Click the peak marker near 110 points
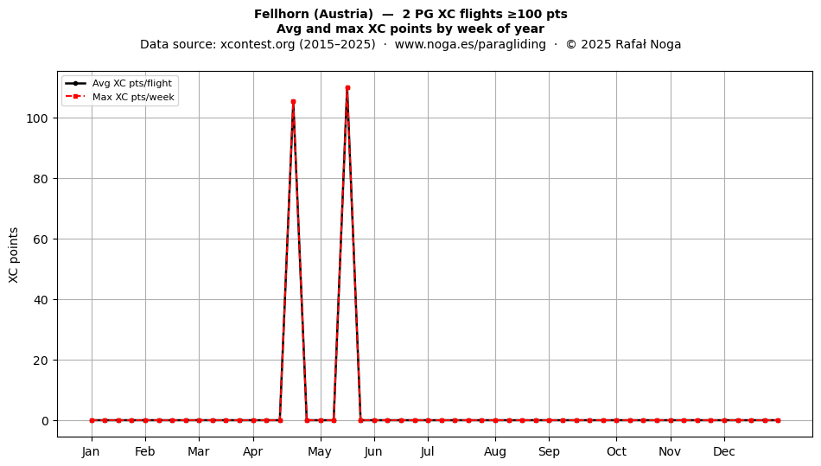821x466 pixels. coord(347,88)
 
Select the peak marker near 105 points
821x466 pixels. coord(293,101)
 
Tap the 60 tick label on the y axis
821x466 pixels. coord(41,239)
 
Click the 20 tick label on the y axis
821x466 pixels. coord(41,361)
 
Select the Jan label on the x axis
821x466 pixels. coord(91,452)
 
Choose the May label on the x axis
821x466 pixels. coord(320,452)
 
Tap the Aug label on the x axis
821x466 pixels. coord(495,452)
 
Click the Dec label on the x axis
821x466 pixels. coord(725,452)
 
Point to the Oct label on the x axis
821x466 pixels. coord(617,452)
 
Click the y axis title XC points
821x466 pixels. coord(14,255)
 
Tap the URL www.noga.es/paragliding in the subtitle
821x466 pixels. coord(470,44)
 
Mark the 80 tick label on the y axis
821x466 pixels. coord(41,179)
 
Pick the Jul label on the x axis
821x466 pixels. coord(428,452)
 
